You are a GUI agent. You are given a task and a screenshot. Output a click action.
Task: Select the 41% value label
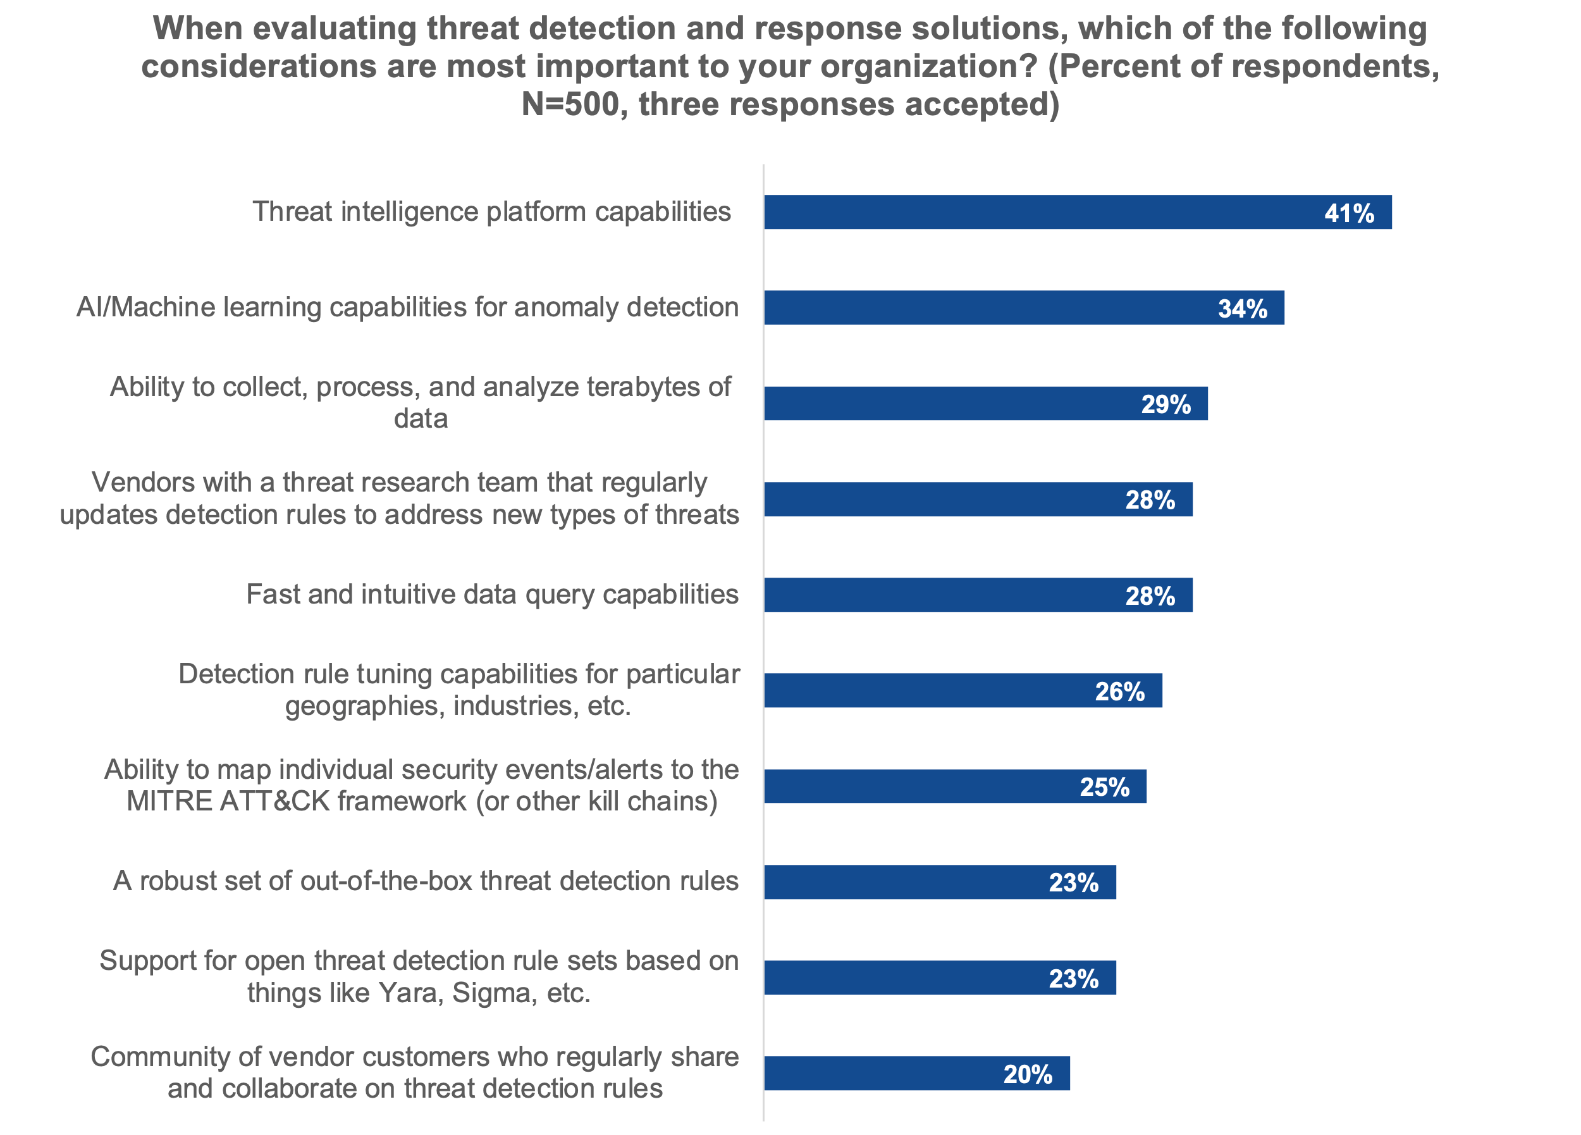coord(1349,213)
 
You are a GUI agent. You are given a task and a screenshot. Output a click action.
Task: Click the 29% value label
coord(1166,404)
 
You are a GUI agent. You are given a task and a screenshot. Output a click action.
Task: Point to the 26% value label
coord(1119,692)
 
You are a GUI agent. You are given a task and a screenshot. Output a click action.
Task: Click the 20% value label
coord(1028,1074)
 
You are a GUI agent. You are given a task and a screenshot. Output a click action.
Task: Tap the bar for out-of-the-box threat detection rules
coord(906,882)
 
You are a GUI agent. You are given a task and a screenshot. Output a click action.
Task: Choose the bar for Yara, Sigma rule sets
coord(906,977)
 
